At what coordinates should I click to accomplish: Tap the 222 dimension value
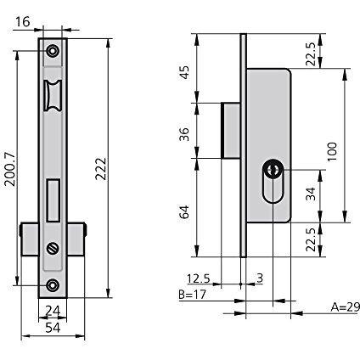tap(100, 169)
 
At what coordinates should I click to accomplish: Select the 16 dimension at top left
tap(22, 22)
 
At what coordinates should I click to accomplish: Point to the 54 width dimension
tap(53, 328)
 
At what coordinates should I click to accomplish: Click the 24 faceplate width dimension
tap(53, 312)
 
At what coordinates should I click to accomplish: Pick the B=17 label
tap(193, 295)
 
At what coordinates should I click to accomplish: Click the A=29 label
tap(346, 307)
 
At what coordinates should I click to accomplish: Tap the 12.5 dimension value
tap(199, 278)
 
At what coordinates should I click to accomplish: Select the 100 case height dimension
tap(333, 152)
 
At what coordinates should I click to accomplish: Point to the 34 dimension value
tap(312, 194)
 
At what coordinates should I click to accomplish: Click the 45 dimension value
tap(184, 72)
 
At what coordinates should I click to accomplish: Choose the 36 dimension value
tap(184, 134)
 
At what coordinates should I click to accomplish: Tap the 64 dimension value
tap(184, 212)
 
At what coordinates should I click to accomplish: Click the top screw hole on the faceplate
tap(53, 51)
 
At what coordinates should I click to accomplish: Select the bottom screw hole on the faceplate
tap(53, 285)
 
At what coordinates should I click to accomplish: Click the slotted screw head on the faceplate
tap(53, 248)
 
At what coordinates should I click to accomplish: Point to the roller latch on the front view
tap(52, 95)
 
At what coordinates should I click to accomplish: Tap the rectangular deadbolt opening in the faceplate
tap(53, 200)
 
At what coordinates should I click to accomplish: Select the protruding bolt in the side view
tap(231, 131)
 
